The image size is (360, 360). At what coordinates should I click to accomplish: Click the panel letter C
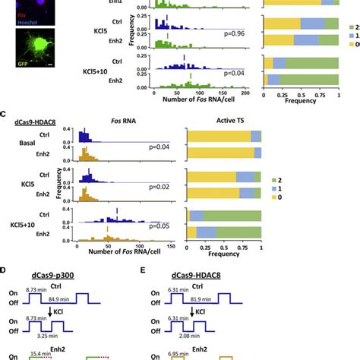point(4,115)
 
